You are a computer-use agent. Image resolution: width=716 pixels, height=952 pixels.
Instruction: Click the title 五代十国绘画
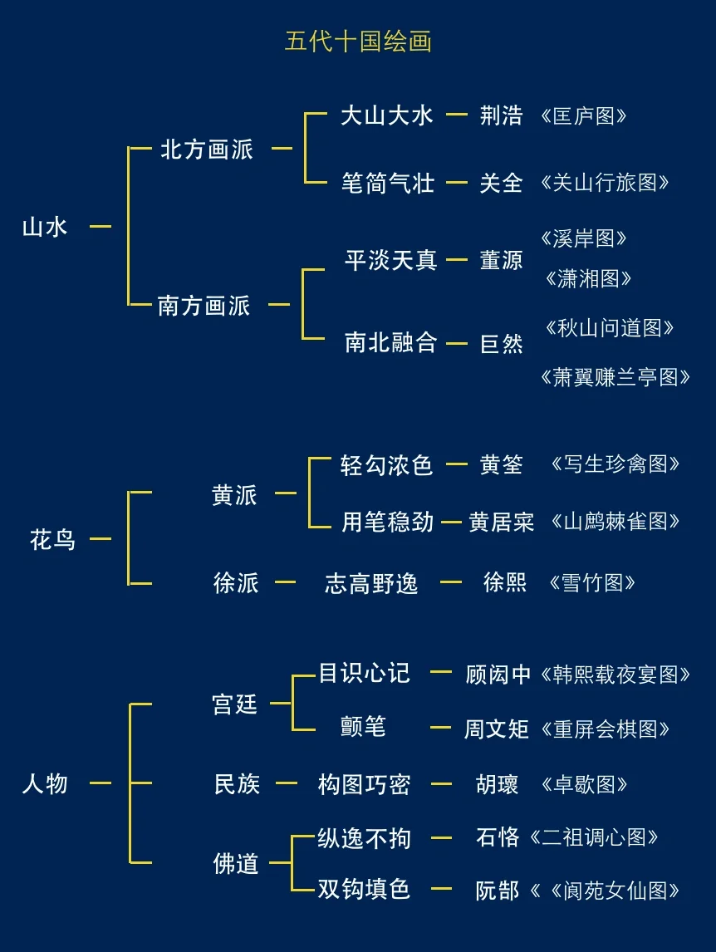[x=358, y=42]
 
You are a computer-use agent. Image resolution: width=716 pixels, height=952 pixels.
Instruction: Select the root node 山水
[x=45, y=227]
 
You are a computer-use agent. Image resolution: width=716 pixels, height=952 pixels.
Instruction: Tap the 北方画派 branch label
[x=206, y=150]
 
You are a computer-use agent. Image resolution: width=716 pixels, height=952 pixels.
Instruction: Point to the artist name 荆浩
[x=501, y=115]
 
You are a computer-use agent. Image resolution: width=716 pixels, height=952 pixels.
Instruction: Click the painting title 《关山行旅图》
[x=604, y=182]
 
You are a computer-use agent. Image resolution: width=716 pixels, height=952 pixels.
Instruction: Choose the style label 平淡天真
[x=390, y=260]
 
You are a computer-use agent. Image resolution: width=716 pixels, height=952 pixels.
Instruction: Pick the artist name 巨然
[x=501, y=343]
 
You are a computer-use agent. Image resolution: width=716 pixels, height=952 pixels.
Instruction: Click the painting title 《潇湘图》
[x=588, y=278]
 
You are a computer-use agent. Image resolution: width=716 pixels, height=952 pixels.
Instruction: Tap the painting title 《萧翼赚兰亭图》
[x=615, y=377]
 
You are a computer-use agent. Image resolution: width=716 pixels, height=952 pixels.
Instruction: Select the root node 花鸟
[x=52, y=540]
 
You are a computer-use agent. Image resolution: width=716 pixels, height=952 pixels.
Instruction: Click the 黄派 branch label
[x=234, y=495]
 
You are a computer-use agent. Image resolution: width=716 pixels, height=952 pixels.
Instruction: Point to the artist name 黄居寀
[x=501, y=522]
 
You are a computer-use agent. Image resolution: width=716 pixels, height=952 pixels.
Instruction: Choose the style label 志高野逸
[x=370, y=583]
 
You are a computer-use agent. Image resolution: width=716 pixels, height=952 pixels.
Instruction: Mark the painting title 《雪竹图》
[x=592, y=582]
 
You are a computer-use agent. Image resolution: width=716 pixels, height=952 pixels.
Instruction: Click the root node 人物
[x=45, y=783]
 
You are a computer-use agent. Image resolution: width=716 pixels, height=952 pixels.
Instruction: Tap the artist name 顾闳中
[x=498, y=675]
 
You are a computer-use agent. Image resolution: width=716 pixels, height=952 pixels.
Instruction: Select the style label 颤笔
[x=363, y=727]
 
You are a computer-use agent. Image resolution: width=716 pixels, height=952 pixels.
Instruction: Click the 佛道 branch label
[x=236, y=864]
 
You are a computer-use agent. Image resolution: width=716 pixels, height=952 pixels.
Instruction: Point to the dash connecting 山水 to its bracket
[x=101, y=226]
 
